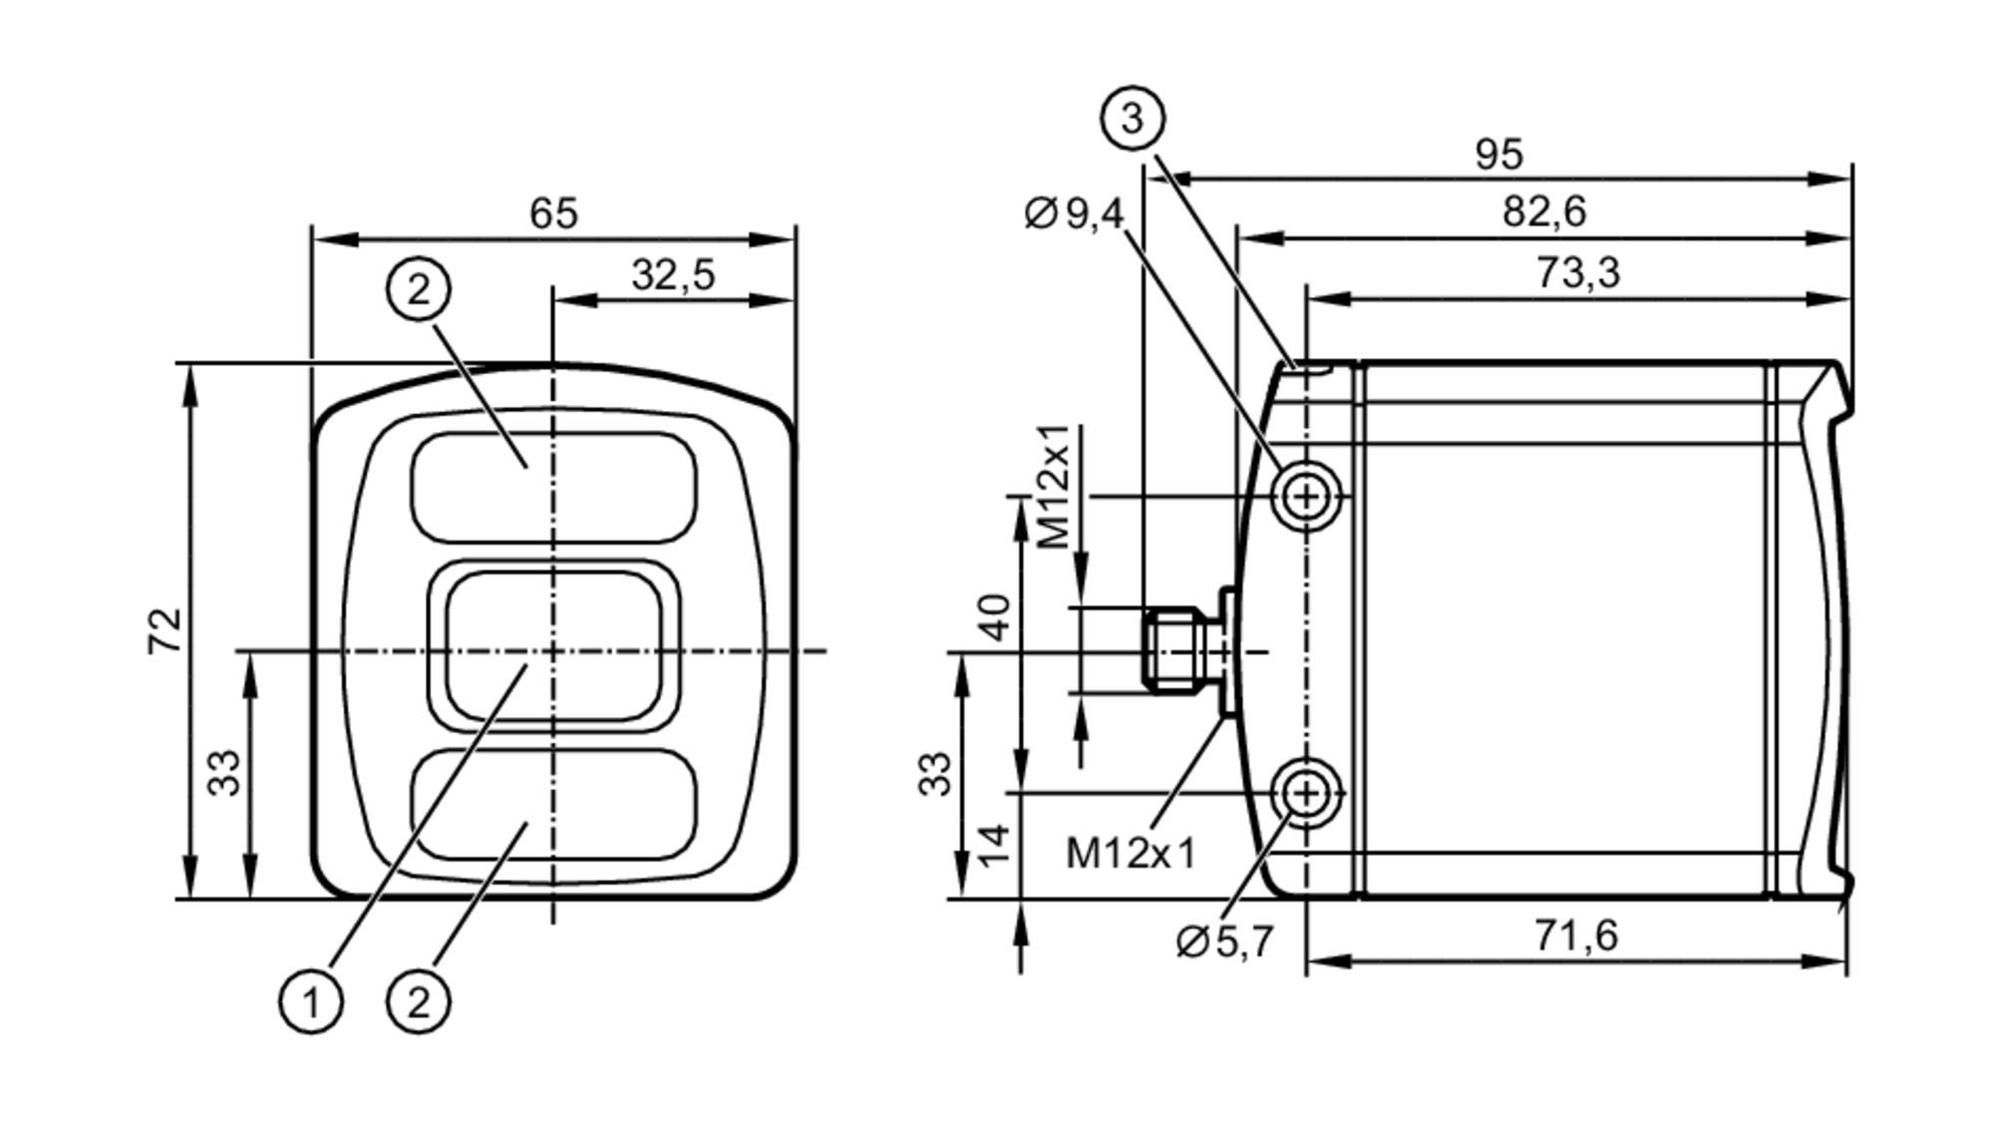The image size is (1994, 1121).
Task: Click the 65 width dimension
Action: (x=553, y=213)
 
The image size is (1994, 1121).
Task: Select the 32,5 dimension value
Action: (x=673, y=274)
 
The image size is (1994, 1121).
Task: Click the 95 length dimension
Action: (x=1498, y=154)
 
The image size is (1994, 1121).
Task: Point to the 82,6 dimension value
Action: (x=1543, y=212)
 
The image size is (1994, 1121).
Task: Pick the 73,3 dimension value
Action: (x=1577, y=272)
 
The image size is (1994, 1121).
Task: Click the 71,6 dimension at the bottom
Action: (x=1576, y=935)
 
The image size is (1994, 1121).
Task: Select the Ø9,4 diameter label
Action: (x=1074, y=213)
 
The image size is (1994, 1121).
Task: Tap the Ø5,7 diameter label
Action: (x=1224, y=941)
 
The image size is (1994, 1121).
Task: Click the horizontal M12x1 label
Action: (x=1130, y=854)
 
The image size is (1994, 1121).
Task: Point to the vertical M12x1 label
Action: (x=1055, y=488)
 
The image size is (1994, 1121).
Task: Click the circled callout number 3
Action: (x=1133, y=119)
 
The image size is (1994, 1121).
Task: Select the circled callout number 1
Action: (x=311, y=1001)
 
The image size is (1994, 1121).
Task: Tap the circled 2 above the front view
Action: (x=419, y=289)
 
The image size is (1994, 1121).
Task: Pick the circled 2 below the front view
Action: (x=419, y=1001)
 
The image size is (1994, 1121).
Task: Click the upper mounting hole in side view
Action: (x=1305, y=496)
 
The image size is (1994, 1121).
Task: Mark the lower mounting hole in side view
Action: (x=1305, y=794)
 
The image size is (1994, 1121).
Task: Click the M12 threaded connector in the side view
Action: (x=1176, y=650)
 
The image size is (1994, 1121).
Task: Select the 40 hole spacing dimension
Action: (x=996, y=616)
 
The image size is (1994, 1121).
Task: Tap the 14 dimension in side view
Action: (x=996, y=845)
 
